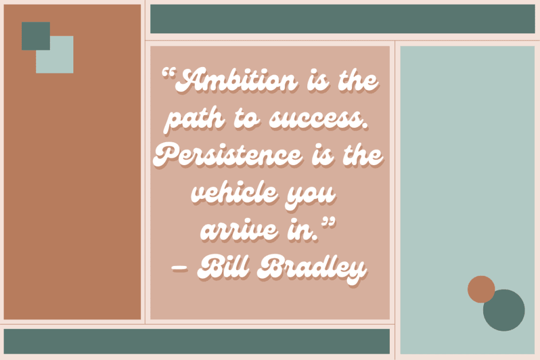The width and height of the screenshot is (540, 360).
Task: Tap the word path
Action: point(195,119)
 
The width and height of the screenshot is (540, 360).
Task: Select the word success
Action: point(318,118)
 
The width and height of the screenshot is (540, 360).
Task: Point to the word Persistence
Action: point(228,155)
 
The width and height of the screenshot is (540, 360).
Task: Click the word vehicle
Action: point(234,192)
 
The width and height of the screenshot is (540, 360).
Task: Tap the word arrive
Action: point(240,230)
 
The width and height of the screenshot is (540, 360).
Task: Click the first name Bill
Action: point(223,267)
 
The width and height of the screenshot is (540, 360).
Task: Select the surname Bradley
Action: point(312,269)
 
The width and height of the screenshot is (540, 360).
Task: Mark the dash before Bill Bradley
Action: point(180,268)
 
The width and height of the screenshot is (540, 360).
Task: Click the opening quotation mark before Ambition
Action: point(169,73)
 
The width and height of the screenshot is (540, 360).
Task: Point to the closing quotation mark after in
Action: point(328,222)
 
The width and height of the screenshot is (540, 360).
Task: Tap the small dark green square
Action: point(36,36)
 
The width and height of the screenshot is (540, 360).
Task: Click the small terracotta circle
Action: point(481,289)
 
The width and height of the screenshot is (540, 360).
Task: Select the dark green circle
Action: point(505,312)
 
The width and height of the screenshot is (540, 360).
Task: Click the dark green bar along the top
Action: point(342,19)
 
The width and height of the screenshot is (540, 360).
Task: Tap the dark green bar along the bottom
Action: point(197,341)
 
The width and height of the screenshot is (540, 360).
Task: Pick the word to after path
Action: point(246,119)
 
